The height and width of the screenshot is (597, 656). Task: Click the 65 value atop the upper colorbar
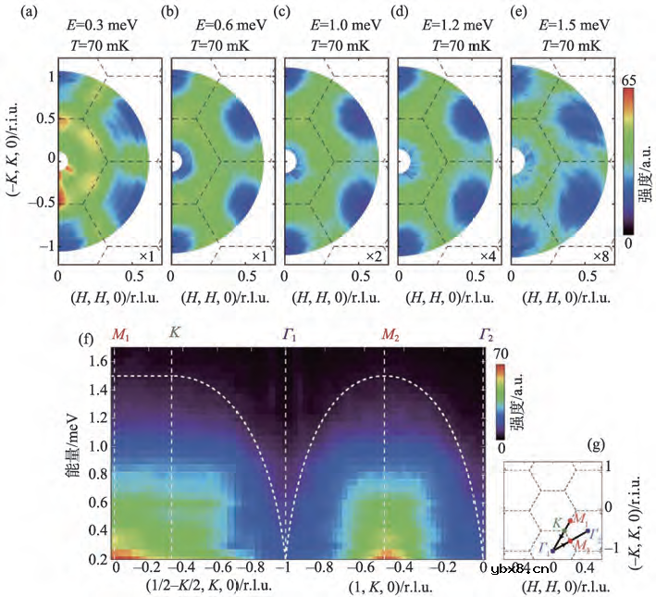click(x=638, y=80)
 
